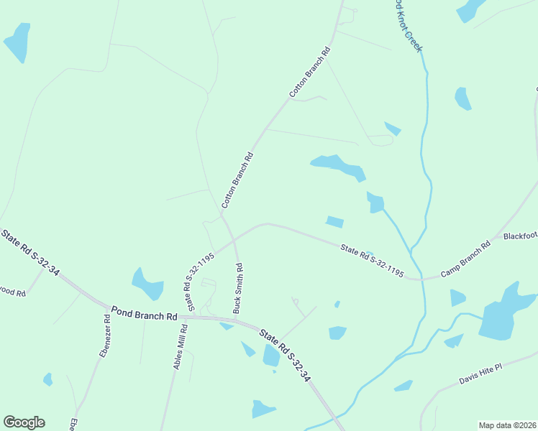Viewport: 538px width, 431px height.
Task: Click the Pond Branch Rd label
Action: (x=144, y=315)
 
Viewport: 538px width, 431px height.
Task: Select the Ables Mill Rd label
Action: (x=180, y=347)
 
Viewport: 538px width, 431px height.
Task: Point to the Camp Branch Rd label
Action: (x=465, y=259)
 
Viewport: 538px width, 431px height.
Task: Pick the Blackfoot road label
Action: (x=520, y=236)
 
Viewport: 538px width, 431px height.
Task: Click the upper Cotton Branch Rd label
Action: (x=309, y=73)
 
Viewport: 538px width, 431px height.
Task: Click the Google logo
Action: (x=24, y=422)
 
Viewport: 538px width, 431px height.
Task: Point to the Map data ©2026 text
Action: (x=506, y=425)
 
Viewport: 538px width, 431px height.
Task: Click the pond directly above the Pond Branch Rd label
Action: (x=149, y=284)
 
